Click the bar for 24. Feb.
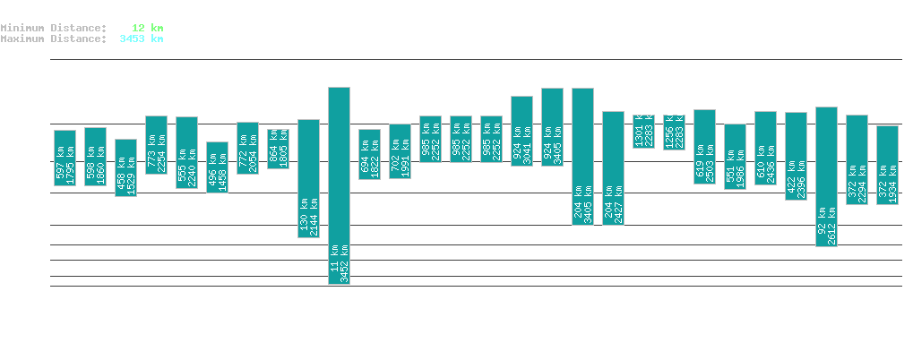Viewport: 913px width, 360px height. coord(339,185)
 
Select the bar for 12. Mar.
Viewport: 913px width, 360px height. coord(826,176)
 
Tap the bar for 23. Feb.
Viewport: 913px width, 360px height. coord(308,178)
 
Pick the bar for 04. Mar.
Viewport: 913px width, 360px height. coord(582,157)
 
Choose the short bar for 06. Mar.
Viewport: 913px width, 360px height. coord(643,131)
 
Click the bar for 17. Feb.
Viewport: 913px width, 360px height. coord(125,167)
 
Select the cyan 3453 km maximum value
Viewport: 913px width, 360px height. coord(141,39)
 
